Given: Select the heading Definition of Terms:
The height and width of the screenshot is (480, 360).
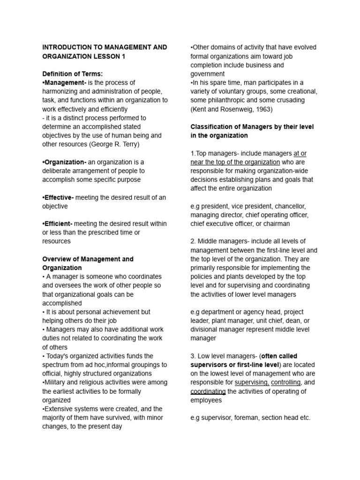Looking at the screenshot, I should pos(72,74).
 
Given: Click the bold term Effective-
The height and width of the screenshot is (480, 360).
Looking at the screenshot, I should pos(59,197).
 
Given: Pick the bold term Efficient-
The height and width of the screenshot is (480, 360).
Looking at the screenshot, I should pos(58,224).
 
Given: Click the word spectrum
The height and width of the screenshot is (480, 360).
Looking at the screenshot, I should pos(57,365).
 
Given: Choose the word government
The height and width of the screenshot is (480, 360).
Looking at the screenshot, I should pos(208,74).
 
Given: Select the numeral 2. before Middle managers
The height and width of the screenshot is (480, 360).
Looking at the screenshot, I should pos(193,241).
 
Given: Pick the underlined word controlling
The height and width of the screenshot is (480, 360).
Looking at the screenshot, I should pos(286,382).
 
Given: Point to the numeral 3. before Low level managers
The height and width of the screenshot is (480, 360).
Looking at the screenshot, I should pos(193,356).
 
